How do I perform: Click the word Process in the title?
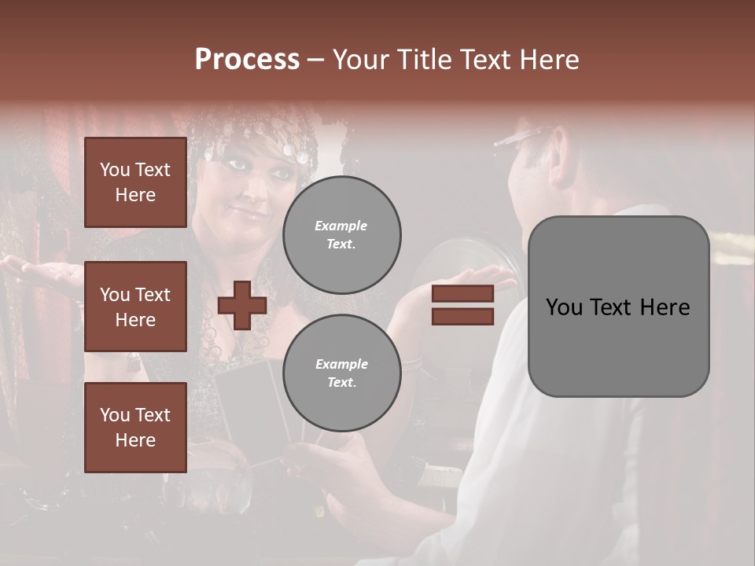247,60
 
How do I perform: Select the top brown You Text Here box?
135,182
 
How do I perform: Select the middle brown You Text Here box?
135,307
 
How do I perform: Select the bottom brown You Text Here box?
135,427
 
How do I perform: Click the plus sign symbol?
242,306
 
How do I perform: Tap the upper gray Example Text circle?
341,234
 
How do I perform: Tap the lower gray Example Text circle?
341,373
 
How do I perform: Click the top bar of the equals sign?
462,294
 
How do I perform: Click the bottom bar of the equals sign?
462,316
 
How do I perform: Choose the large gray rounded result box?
618,307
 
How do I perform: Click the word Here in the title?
548,60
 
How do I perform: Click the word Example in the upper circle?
341,226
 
